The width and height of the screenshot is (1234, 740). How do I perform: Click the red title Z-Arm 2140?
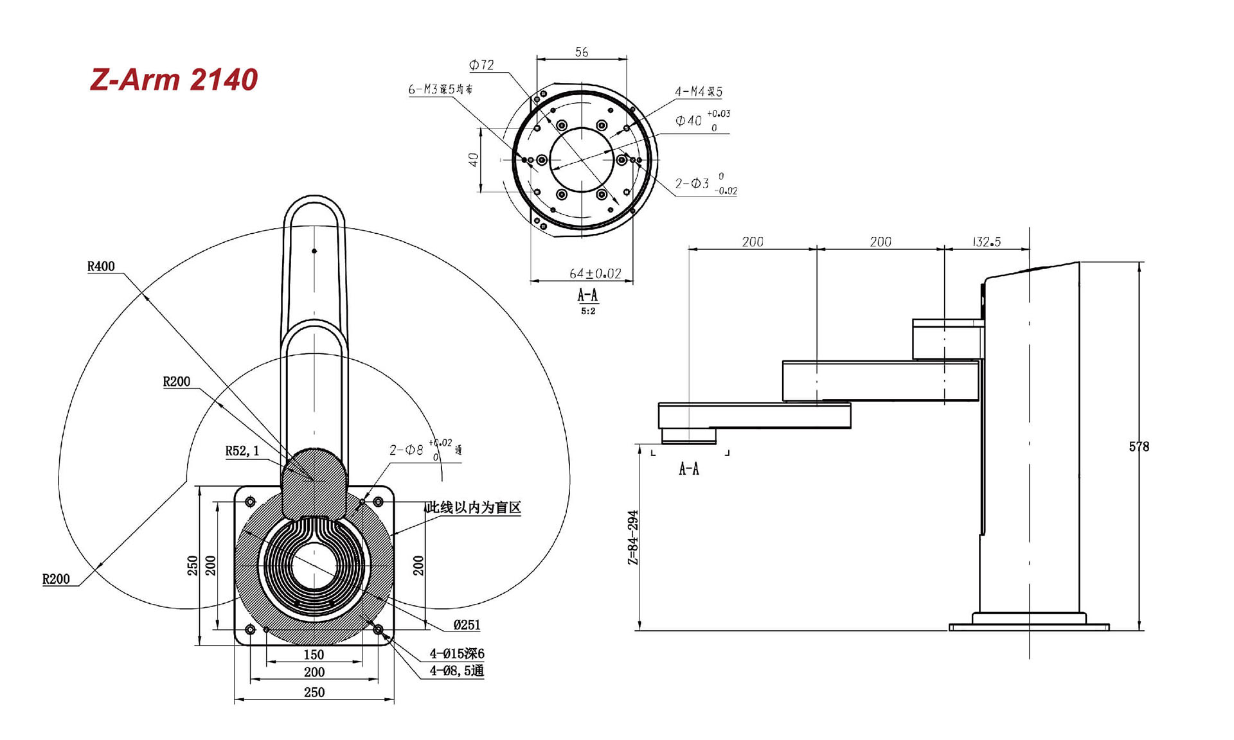[x=174, y=80]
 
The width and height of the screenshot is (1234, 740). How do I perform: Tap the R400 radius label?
[x=101, y=267]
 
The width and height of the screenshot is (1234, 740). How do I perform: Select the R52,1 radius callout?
[x=242, y=451]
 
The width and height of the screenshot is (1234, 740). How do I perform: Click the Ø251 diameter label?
[x=467, y=624]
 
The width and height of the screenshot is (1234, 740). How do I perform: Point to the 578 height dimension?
[x=1139, y=446]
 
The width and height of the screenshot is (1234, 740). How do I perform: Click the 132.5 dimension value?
[x=987, y=242]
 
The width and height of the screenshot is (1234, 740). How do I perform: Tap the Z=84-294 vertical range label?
[x=633, y=538]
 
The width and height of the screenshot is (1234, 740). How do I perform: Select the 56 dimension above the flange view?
[x=582, y=52]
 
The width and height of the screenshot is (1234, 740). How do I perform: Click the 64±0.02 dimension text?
[x=595, y=274]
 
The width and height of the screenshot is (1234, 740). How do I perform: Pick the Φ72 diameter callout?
[x=481, y=65]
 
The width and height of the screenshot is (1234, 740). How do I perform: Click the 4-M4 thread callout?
[x=698, y=92]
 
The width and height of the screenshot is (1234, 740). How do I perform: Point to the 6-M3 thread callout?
[x=440, y=89]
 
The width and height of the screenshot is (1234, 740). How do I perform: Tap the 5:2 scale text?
[x=588, y=311]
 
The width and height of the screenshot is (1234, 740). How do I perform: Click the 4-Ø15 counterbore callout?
[x=457, y=653]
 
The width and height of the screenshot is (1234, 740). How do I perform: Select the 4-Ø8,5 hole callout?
[x=456, y=671]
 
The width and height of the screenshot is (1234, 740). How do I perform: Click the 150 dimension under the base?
[x=314, y=655]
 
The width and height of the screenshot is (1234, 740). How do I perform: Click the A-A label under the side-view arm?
[x=689, y=469]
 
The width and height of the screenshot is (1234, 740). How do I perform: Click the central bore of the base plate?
[x=314, y=565]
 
